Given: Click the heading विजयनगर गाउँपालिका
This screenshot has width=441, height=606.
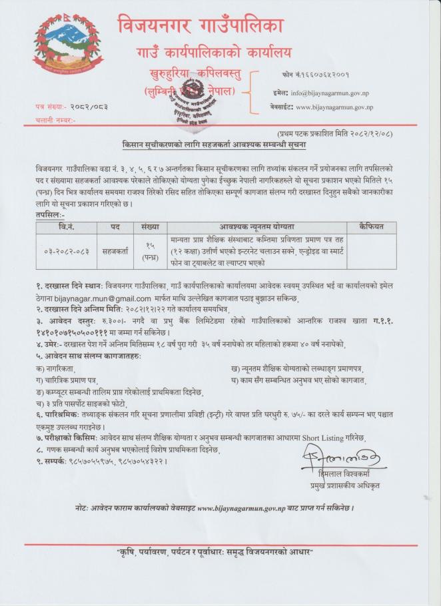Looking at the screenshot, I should pos(201,26).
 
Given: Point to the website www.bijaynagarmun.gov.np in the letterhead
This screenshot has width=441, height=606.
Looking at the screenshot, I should pos(334,107).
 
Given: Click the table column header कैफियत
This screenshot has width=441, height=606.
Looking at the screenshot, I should pos(370,227).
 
